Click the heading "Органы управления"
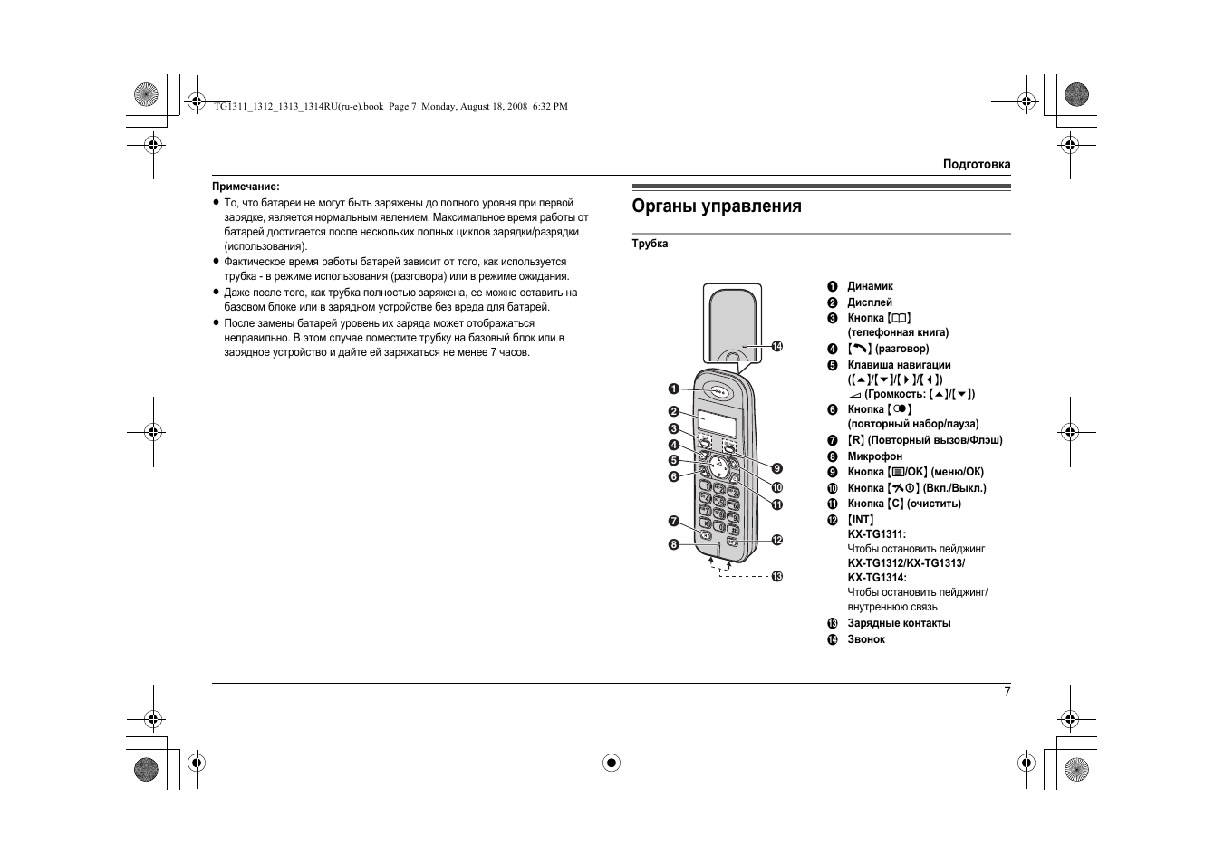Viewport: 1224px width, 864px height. (716, 206)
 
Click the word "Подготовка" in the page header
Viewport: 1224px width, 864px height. (976, 165)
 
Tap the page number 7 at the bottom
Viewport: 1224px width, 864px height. (1007, 692)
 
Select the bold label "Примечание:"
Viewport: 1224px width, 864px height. (246, 187)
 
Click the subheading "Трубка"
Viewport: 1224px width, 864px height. (650, 244)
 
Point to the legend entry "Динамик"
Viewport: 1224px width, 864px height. (870, 286)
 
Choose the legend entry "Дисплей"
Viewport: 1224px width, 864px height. (869, 302)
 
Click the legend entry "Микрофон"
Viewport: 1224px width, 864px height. (874, 456)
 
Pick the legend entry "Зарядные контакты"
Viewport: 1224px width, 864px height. (899, 623)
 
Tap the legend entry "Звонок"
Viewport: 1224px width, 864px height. (866, 639)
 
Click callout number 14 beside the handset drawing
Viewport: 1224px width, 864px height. (776, 346)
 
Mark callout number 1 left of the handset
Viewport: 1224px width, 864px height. (674, 389)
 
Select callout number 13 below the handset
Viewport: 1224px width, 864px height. (776, 576)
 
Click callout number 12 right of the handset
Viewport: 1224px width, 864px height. (776, 540)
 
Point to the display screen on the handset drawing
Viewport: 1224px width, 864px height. (717, 424)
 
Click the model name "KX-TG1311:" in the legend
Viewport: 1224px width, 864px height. (876, 534)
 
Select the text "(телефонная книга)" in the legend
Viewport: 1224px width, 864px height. (898, 332)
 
